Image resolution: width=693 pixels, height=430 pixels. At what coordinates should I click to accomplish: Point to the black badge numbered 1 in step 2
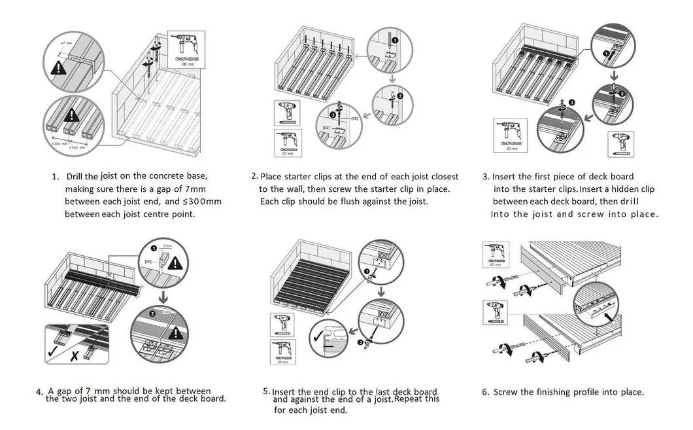(395, 41)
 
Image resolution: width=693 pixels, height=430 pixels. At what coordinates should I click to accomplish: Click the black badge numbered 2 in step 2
(399, 95)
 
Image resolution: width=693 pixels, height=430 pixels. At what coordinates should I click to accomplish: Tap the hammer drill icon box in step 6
(495, 255)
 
